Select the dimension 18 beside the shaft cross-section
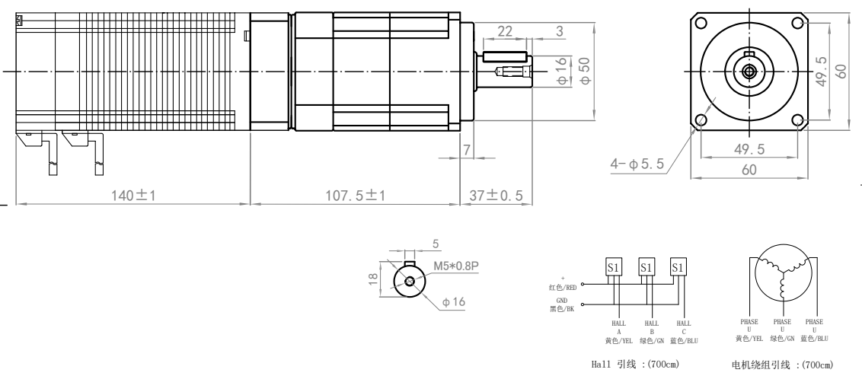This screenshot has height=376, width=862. click(372, 279)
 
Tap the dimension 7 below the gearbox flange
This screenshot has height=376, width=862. click(467, 149)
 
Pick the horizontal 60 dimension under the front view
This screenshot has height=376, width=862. click(749, 170)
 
